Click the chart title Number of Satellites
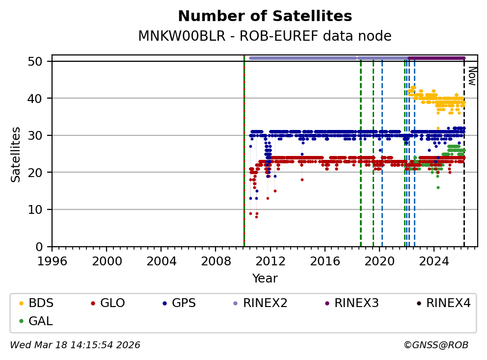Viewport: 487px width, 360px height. (x=265, y=16)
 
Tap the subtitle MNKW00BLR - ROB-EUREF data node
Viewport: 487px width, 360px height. (x=265, y=36)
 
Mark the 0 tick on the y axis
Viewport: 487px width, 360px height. (x=43, y=247)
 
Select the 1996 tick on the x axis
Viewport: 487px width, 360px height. (x=53, y=260)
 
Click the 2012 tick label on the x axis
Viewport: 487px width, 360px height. (x=271, y=260)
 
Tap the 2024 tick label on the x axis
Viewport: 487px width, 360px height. (x=434, y=260)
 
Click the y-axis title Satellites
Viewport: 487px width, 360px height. (x=16, y=154)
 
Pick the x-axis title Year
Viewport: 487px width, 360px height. (x=265, y=279)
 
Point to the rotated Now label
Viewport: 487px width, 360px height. (x=471, y=76)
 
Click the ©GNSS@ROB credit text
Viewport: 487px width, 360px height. (x=435, y=345)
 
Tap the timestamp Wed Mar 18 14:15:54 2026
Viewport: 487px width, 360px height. (x=75, y=345)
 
